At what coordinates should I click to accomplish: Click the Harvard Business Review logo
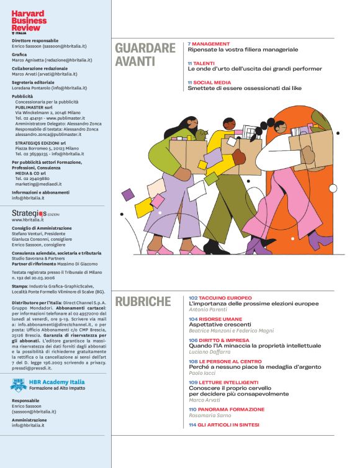point(29,19)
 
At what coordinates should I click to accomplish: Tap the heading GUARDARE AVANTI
point(145,55)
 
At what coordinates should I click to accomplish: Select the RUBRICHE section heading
point(143,302)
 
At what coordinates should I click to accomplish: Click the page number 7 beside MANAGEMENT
point(189,44)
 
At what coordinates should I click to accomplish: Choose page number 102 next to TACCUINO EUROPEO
point(193,298)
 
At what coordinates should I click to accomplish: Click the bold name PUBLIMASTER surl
point(34,107)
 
